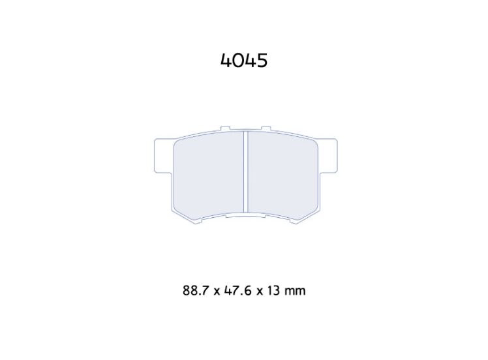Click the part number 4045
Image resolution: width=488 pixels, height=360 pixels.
pyautogui.click(x=244, y=61)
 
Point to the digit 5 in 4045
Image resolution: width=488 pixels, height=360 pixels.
pyautogui.click(x=262, y=61)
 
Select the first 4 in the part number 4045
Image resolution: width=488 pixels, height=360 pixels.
pyautogui.click(x=226, y=61)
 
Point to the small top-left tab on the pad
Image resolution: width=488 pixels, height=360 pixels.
pyautogui.click(x=225, y=129)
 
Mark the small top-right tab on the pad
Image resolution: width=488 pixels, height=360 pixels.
pyautogui.click(x=266, y=129)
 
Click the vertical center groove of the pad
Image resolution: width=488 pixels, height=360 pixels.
pyautogui.click(x=245, y=173)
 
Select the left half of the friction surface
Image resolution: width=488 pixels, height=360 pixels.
pyautogui.click(x=209, y=175)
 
